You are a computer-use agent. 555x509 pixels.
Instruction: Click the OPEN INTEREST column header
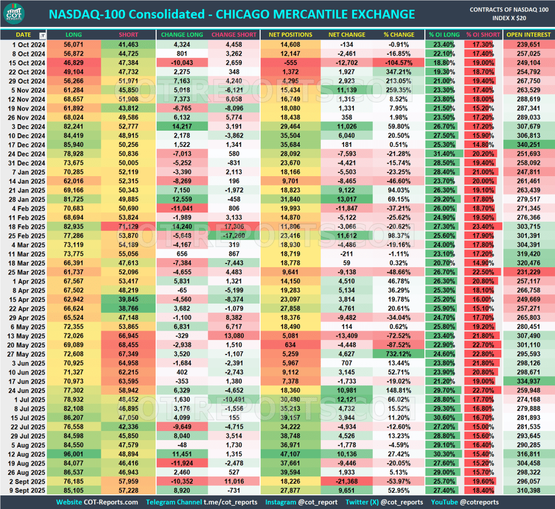click(x=528, y=35)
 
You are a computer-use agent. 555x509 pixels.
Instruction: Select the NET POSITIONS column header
click(x=291, y=35)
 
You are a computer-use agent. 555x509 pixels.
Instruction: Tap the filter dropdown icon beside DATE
click(x=43, y=35)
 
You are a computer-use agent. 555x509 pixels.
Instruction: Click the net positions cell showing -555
click(x=291, y=62)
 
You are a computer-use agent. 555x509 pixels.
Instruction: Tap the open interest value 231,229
click(x=528, y=272)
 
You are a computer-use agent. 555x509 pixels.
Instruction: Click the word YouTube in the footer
click(x=444, y=502)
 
